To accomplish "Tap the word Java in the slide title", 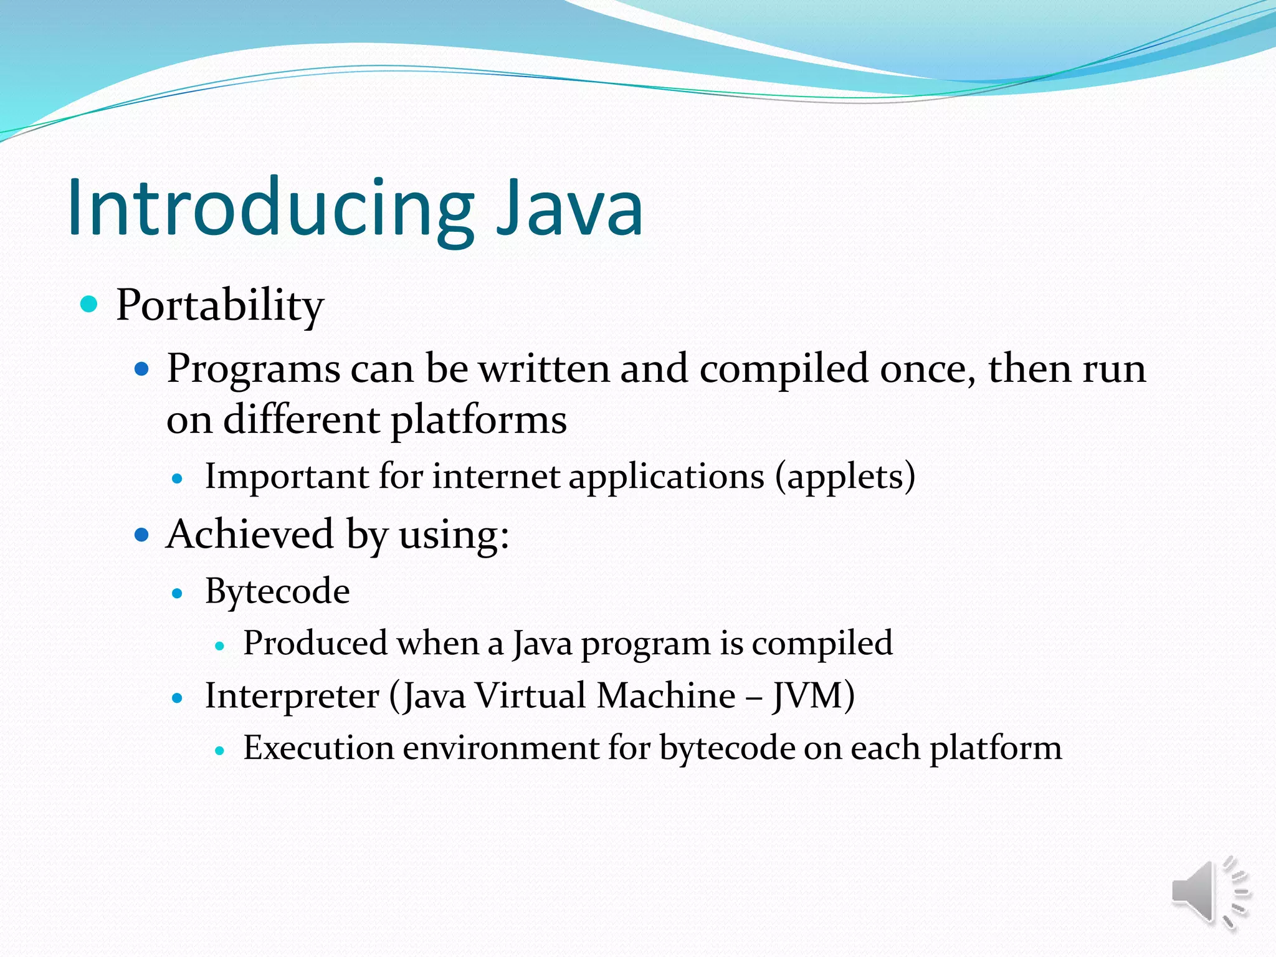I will coord(569,209).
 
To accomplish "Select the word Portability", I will coord(220,306).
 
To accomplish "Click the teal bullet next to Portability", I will coord(90,304).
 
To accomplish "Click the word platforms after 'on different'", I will coord(478,420).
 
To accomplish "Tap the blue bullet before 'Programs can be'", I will coord(143,369).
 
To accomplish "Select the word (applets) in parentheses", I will coord(845,477).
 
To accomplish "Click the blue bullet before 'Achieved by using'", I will coord(143,535).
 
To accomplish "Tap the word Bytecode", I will coord(277,591).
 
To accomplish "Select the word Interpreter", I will coord(292,695).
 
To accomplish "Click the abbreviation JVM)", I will coord(813,695).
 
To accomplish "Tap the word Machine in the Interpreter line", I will coord(665,695).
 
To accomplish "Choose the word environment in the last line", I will coord(500,748).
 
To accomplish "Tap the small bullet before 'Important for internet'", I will coord(178,478).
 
